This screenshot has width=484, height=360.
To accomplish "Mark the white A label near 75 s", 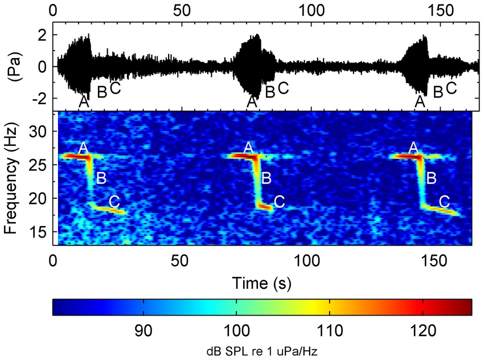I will [x=248, y=148].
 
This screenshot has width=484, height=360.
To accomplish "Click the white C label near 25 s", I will [x=114, y=201].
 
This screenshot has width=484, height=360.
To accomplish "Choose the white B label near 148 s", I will [x=431, y=178].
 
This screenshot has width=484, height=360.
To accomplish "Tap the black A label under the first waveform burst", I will [x=84, y=101].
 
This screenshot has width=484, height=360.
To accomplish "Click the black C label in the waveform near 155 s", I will [x=451, y=88].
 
